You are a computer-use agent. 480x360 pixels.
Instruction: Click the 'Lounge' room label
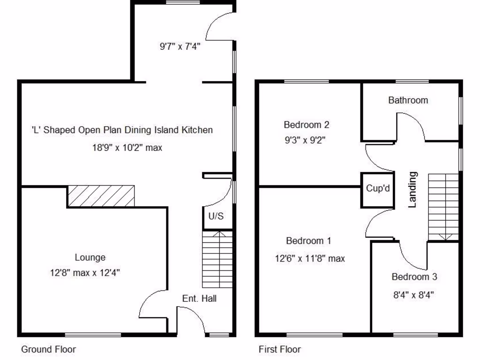pyautogui.click(x=90, y=257)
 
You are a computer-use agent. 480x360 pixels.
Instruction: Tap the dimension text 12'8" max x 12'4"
pyautogui.click(x=85, y=273)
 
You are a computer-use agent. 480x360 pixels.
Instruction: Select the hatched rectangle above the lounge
pyautogui.click(x=101, y=196)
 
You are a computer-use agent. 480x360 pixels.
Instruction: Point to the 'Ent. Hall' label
pyautogui.click(x=199, y=298)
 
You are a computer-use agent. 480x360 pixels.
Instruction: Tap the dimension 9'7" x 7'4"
pyautogui.click(x=180, y=46)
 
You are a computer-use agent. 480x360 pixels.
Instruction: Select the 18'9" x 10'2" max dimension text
pyautogui.click(x=127, y=148)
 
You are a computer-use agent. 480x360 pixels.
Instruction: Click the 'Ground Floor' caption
pyautogui.click(x=48, y=349)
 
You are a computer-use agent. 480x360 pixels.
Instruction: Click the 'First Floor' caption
pyautogui.click(x=280, y=349)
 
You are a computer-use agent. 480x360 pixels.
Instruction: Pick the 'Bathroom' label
pyautogui.click(x=408, y=100)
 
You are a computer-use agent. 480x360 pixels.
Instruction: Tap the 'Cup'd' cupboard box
pyautogui.click(x=378, y=188)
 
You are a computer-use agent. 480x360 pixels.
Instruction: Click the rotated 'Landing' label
pyautogui.click(x=412, y=189)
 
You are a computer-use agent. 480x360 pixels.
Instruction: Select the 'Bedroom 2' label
pyautogui.click(x=307, y=125)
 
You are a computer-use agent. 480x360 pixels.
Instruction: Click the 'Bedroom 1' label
pyautogui.click(x=308, y=241)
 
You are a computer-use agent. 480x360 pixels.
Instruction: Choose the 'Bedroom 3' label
pyautogui.click(x=414, y=277)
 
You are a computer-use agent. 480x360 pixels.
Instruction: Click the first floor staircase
pyautogui.click(x=443, y=206)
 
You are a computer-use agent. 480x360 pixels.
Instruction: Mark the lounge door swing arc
pyautogui.click(x=152, y=303)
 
